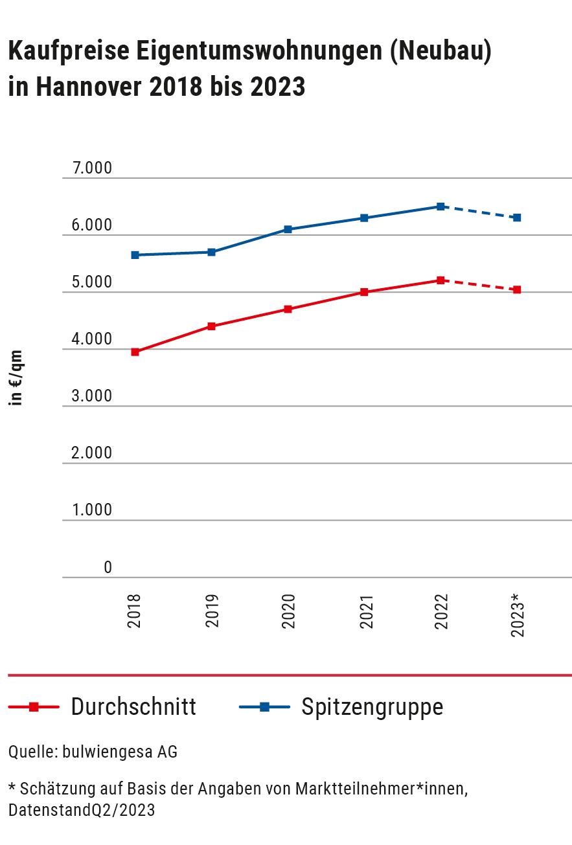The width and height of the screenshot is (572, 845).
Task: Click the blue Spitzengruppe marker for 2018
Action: pyautogui.click(x=135, y=255)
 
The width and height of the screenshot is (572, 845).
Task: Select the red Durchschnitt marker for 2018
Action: pyautogui.click(x=135, y=352)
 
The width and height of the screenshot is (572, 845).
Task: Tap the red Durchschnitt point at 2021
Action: pyautogui.click(x=364, y=292)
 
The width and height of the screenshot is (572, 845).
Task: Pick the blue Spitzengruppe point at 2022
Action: pyautogui.click(x=440, y=207)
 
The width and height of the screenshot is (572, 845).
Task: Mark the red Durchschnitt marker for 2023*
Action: pyautogui.click(x=517, y=289)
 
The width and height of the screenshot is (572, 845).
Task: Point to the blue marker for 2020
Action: pyautogui.click(x=288, y=229)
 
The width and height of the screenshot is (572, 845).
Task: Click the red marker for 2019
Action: pyautogui.click(x=211, y=326)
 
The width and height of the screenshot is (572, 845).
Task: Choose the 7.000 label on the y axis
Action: pyautogui.click(x=93, y=168)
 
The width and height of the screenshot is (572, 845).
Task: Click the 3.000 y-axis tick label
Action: pyautogui.click(x=93, y=396)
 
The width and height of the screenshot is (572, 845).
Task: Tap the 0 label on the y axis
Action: pyautogui.click(x=108, y=568)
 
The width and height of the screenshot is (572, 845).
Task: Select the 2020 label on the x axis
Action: pyautogui.click(x=288, y=611)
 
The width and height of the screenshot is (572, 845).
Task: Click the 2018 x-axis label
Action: pyautogui.click(x=135, y=611)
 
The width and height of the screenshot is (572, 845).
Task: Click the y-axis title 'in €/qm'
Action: pyautogui.click(x=17, y=378)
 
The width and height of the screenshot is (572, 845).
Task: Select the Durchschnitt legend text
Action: pyautogui.click(x=133, y=706)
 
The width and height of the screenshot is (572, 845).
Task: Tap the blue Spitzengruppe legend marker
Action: pyautogui.click(x=264, y=707)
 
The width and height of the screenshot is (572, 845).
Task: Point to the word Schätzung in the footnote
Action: pyautogui.click(x=52, y=789)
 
